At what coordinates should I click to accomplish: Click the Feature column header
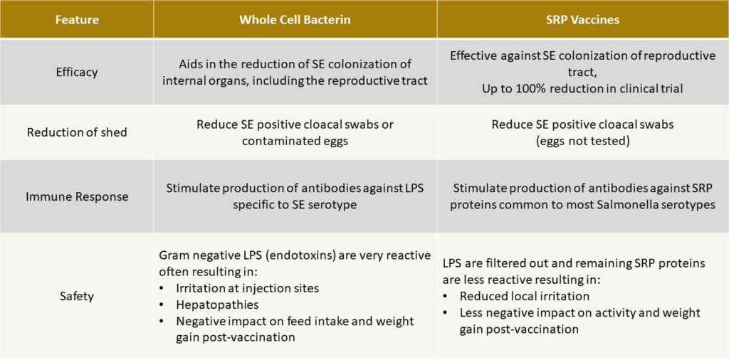click(76, 20)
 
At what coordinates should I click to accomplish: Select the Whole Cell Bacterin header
click(295, 20)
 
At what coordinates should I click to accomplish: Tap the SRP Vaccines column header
click(583, 20)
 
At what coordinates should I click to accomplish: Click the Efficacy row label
click(76, 73)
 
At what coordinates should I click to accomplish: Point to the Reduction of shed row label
click(76, 132)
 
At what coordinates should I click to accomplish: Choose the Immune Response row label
click(76, 196)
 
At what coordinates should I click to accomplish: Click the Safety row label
click(76, 296)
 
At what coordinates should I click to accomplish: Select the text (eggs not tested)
click(582, 141)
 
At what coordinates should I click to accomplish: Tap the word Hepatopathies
click(218, 305)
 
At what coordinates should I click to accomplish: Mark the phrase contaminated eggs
click(295, 141)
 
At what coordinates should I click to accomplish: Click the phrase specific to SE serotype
click(295, 205)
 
